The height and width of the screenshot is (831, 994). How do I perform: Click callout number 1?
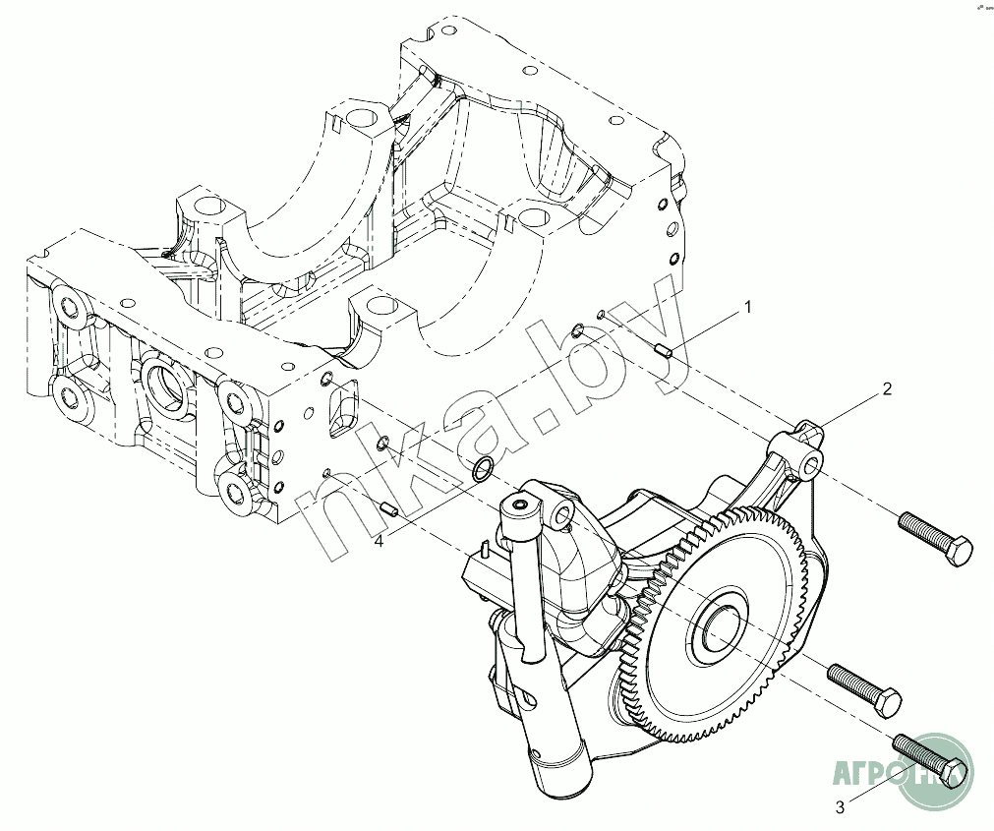coord(747,308)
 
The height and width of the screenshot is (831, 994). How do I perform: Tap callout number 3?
coord(840,807)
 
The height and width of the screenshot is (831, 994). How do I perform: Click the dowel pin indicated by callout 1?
coord(663,348)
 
